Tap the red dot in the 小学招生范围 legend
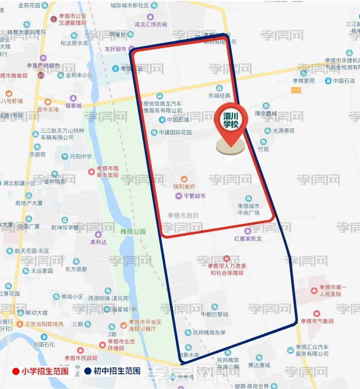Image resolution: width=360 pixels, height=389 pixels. [x=16, y=372]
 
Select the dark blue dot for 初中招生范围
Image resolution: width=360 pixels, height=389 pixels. [x=88, y=372]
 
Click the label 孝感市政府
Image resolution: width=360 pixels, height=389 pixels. [x=183, y=215]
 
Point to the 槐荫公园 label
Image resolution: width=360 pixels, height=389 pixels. [x=133, y=232]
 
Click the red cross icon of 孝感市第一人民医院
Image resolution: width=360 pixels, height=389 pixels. [x=314, y=291]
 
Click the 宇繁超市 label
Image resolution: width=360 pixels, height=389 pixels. [x=194, y=196]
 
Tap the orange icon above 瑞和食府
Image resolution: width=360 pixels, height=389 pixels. [x=184, y=179]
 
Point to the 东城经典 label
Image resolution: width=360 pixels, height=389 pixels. [x=219, y=96]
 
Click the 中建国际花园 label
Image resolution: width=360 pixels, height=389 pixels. [x=175, y=132]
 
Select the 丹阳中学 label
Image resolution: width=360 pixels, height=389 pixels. [x=80, y=157]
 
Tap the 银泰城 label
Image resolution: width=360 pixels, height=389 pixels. [x=73, y=106]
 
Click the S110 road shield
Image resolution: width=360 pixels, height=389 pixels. [x=296, y=90]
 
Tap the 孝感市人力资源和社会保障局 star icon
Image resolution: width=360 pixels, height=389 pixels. [x=226, y=259]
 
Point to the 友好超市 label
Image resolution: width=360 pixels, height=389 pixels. [x=116, y=49]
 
